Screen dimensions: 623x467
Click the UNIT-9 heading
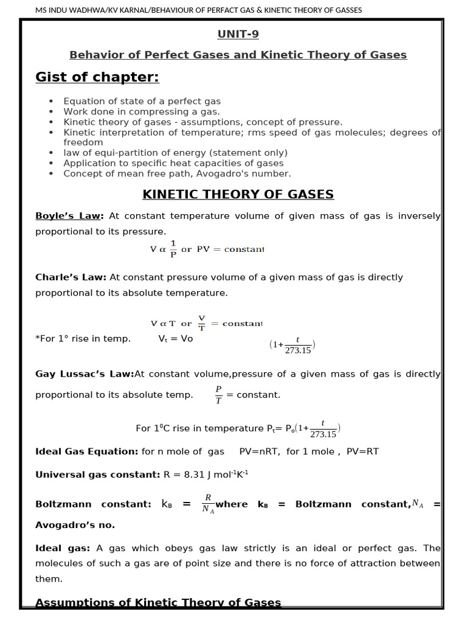click(238, 35)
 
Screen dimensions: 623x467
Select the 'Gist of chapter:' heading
click(97, 77)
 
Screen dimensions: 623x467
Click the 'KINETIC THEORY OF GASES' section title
click(238, 195)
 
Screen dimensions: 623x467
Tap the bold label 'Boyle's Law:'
click(69, 216)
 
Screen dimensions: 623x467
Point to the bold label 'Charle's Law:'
click(71, 277)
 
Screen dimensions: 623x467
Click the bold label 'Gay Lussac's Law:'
click(85, 374)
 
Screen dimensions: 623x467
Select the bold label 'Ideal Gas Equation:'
click(86, 451)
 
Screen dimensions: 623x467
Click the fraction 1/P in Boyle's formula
click(173, 249)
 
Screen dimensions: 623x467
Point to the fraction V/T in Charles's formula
click(202, 323)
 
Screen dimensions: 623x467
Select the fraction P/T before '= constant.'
click(219, 394)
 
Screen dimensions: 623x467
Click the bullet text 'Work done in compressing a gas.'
click(142, 112)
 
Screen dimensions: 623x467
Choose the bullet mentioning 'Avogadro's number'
click(177, 173)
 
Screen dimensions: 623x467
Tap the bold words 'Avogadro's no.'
click(75, 525)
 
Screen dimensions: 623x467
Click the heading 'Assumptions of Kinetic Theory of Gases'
click(158, 602)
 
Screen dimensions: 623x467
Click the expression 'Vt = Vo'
click(175, 339)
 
